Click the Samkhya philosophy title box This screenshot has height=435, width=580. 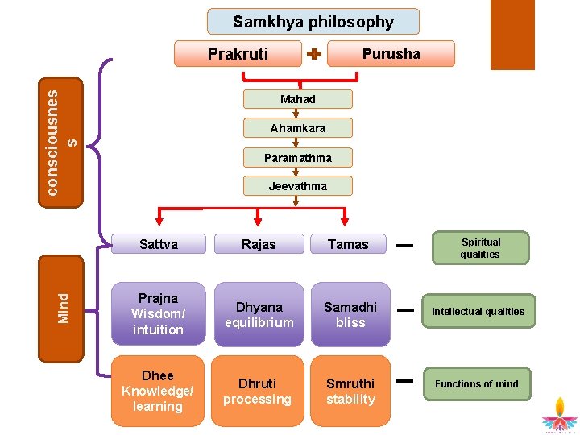(x=313, y=22)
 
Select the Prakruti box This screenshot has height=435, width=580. (x=238, y=54)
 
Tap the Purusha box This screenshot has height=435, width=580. (x=391, y=54)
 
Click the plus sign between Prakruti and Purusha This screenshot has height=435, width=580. (x=314, y=55)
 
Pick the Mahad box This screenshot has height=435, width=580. (x=298, y=99)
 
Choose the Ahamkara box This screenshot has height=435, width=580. (x=298, y=128)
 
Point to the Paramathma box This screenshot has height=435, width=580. (x=298, y=157)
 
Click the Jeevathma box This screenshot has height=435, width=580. (x=298, y=186)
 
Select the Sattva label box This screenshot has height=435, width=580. (x=159, y=244)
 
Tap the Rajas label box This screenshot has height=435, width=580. (x=259, y=244)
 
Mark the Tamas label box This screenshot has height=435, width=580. (x=348, y=244)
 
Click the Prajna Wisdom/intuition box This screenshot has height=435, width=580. (x=158, y=313)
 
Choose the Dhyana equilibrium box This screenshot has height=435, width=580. (x=259, y=314)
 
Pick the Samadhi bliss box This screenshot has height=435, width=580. (x=350, y=314)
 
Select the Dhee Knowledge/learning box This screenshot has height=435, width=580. (x=158, y=391)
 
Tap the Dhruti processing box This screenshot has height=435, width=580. (x=258, y=391)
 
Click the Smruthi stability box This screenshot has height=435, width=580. (x=350, y=391)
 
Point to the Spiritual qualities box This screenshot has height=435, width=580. (x=481, y=248)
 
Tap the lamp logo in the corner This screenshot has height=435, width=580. (x=560, y=415)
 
